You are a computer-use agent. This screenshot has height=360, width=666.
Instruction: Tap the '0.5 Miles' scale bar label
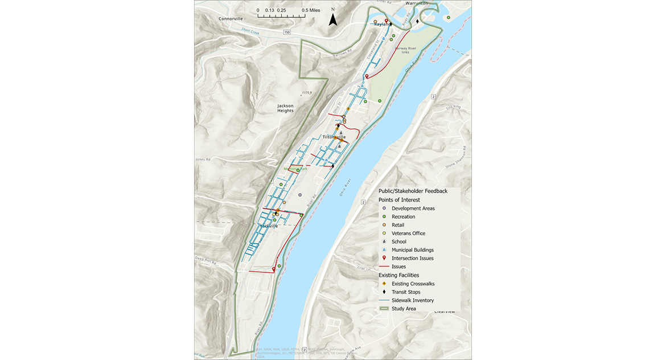(x=311, y=10)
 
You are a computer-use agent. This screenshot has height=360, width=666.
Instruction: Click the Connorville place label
(x=230, y=19)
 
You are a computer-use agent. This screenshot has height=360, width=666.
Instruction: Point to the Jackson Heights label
(x=285, y=108)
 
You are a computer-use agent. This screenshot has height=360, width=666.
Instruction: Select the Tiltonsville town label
(x=334, y=137)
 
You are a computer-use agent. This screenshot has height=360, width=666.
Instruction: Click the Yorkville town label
(x=269, y=226)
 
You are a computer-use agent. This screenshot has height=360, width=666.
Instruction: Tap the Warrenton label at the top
(x=416, y=3)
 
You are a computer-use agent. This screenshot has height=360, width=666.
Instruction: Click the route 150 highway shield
(x=287, y=32)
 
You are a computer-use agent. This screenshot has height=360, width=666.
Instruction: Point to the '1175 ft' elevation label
(x=307, y=92)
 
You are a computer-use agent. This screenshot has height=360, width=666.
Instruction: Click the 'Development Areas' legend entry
(x=413, y=208)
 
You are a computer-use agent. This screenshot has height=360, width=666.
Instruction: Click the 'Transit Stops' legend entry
(x=406, y=292)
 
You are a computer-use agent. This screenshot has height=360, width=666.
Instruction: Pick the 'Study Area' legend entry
(x=404, y=309)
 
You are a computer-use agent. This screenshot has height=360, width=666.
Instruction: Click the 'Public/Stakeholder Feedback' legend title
(x=413, y=191)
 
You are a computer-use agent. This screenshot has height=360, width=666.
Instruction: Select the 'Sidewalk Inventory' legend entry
(x=413, y=300)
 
